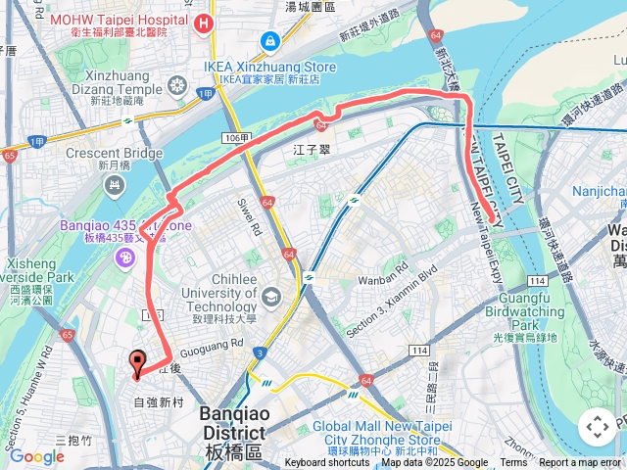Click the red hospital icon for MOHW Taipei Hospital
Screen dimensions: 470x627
[x=204, y=23]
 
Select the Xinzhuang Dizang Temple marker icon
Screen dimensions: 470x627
[x=177, y=85]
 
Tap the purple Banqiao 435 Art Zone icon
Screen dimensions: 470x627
[x=125, y=258]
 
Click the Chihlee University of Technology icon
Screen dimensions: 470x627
[x=272, y=295]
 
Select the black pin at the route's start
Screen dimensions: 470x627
[x=137, y=363]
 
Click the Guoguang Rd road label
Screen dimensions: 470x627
[x=212, y=345]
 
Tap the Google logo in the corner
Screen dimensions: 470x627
[x=36, y=456]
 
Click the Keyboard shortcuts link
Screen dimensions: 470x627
[x=327, y=463]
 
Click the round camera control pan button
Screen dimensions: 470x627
[x=597, y=427]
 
